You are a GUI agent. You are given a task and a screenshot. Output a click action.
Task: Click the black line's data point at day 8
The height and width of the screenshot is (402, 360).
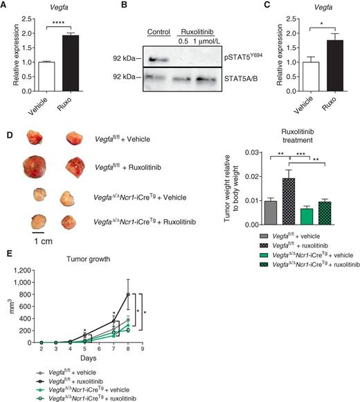[128, 294]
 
